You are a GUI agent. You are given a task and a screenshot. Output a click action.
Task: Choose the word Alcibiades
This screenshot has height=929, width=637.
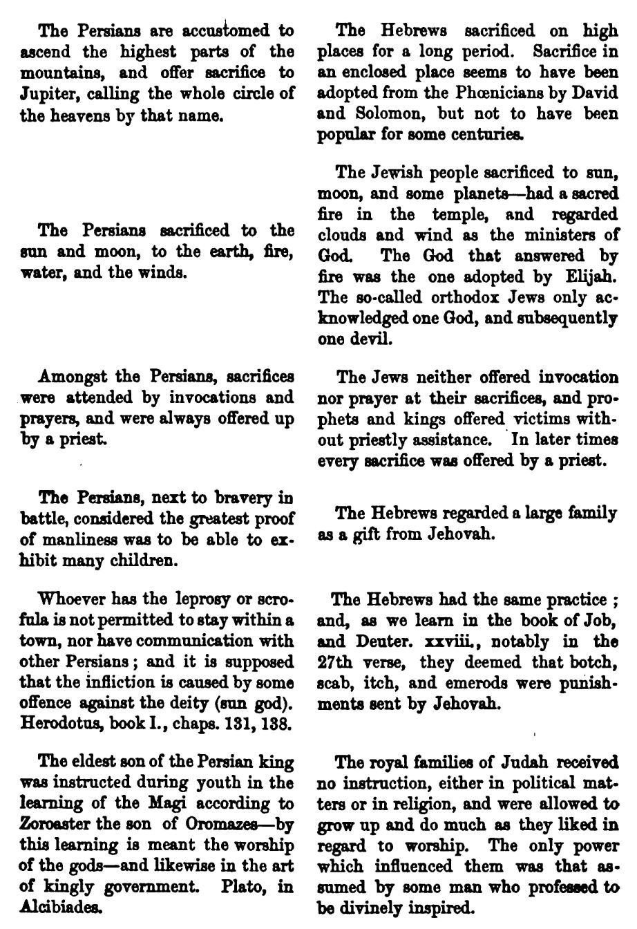[x=59, y=907]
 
